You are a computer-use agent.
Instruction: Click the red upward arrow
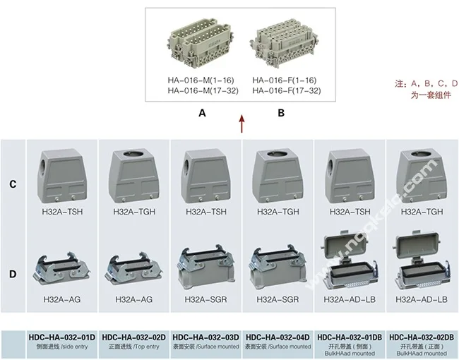[x=242, y=124]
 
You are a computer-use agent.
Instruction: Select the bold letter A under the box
[x=202, y=113]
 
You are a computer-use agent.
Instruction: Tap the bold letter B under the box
[x=281, y=113]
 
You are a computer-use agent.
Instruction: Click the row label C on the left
[x=13, y=184]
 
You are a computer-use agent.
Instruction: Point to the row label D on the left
[x=13, y=275]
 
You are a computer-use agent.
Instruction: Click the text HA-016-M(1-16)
[x=201, y=80]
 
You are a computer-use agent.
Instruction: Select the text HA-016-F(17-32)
[x=287, y=91]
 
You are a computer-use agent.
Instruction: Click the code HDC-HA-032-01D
[x=62, y=337]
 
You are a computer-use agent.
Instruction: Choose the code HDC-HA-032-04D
[x=278, y=337]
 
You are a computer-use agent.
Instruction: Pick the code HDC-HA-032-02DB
[x=422, y=337]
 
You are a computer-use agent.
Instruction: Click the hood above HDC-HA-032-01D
[x=61, y=176]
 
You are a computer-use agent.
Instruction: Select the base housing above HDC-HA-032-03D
[x=206, y=267]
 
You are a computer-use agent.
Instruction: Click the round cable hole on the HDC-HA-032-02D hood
[x=135, y=154]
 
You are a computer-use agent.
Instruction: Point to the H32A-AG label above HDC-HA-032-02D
[x=133, y=299]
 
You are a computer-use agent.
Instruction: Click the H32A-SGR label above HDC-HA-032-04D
[x=278, y=299]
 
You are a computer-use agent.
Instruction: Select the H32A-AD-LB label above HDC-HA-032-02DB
[x=422, y=299]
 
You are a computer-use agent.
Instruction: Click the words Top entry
[x=148, y=347]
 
